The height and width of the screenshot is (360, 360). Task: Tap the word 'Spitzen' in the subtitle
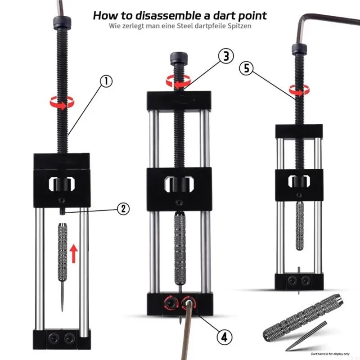click(x=238, y=26)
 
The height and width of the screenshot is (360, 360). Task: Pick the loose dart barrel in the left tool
click(x=63, y=252)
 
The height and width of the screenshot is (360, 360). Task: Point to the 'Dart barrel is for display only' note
click(x=320, y=354)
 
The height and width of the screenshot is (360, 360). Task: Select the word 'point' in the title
click(x=250, y=15)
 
